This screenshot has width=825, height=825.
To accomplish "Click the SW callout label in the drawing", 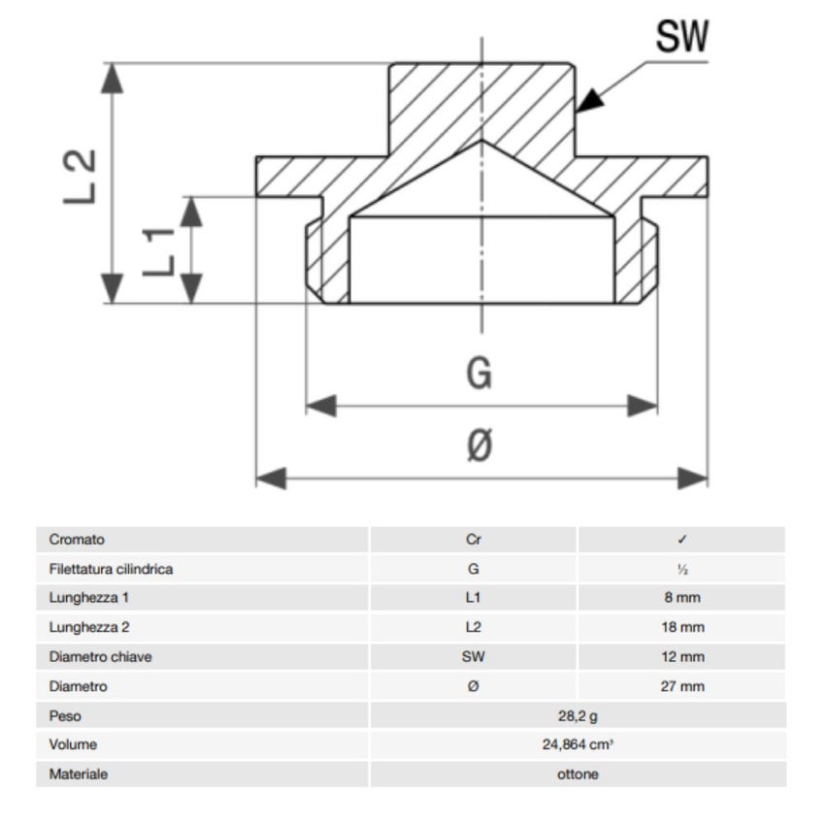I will [682, 36].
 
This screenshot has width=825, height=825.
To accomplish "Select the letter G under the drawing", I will [479, 373].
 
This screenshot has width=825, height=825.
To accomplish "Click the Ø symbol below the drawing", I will [479, 446].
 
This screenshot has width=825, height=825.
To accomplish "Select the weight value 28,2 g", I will [577, 716].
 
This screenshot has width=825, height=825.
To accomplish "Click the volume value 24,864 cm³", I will [577, 745].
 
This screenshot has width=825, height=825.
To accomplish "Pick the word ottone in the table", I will [577, 775].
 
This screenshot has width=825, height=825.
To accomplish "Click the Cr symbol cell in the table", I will [473, 540].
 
